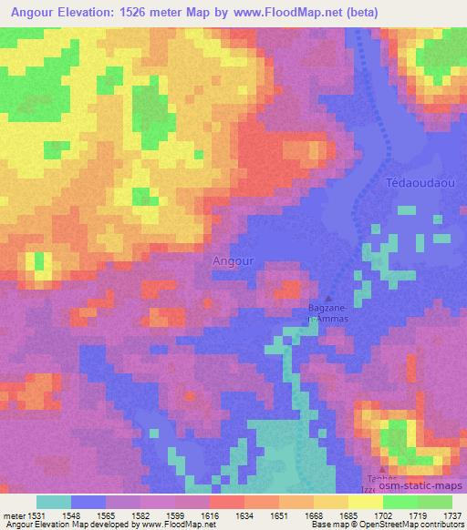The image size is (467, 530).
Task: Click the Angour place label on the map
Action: [232, 260]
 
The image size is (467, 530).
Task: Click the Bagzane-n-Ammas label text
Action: [327, 313]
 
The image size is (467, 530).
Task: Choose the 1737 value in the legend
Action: [452, 515]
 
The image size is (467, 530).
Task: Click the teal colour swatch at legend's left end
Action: [53, 502]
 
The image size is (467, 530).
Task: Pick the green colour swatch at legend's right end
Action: [434, 502]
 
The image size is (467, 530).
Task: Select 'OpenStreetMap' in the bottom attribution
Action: [370, 525]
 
